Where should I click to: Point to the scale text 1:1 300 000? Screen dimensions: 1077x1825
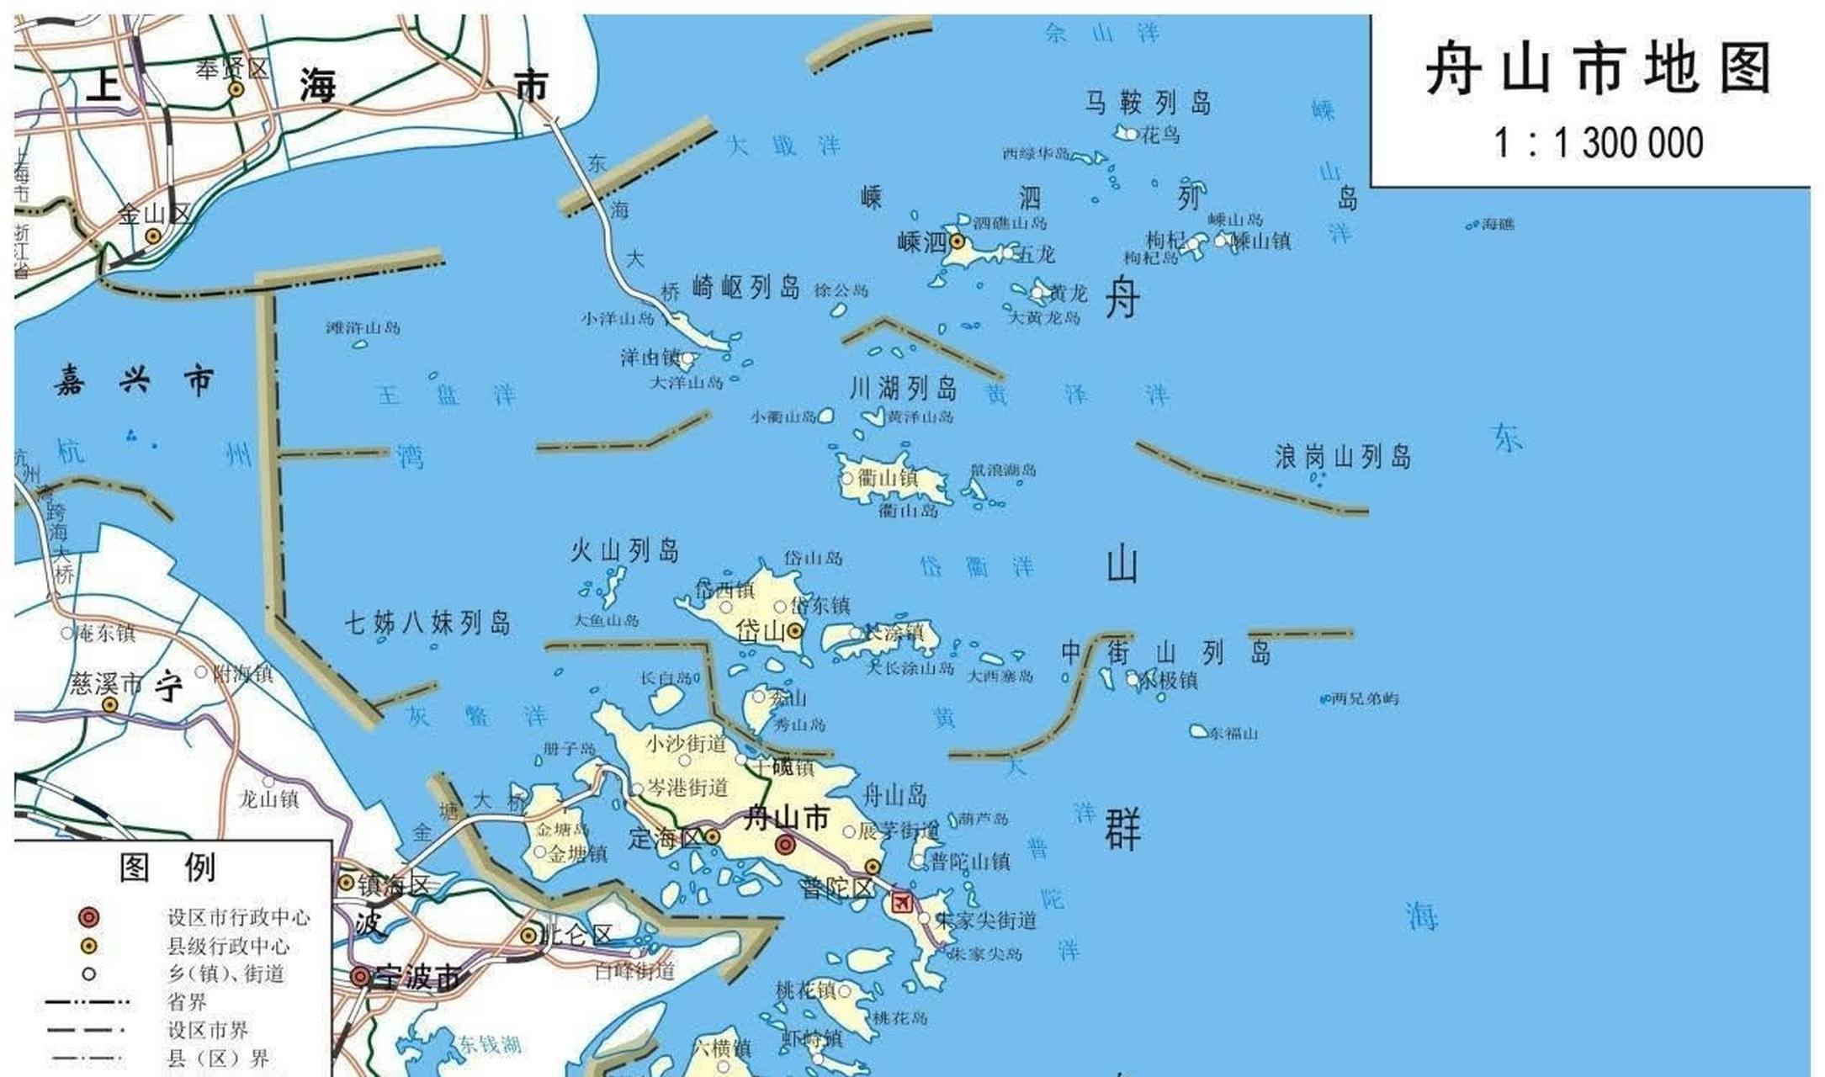coord(1598,142)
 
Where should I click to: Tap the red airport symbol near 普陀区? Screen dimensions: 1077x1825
coord(902,902)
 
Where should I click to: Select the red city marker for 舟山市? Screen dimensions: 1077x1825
coord(785,844)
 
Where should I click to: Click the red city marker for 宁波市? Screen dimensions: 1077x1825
coord(360,977)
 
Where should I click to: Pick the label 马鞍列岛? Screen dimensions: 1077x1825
coord(1148,103)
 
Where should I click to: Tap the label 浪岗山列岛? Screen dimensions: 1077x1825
coord(1342,457)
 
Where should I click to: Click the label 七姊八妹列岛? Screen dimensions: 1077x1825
coord(427,623)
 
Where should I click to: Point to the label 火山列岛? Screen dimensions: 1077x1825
coord(624,551)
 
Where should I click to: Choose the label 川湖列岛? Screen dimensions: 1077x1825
coord(903,388)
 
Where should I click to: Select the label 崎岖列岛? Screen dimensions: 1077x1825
coord(745,287)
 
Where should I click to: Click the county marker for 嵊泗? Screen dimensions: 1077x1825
coord(957,241)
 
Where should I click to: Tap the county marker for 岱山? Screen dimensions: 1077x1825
coord(794,631)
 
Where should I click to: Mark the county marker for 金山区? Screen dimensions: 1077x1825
coord(153,236)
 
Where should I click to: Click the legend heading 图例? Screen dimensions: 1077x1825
coord(167,867)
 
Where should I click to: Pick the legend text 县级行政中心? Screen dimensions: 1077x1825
coord(228,946)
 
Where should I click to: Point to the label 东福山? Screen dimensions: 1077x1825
coord(1233,734)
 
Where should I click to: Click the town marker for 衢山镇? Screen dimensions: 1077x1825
coord(847,478)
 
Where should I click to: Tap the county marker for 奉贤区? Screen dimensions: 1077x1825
coord(236,89)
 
